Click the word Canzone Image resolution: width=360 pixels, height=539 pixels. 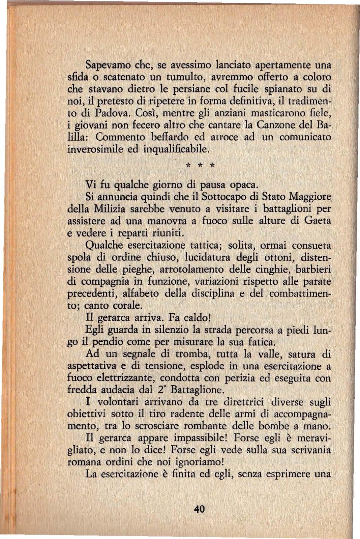pyautogui.click(x=276, y=125)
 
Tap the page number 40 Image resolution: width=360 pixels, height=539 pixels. pyautogui.click(x=199, y=509)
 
